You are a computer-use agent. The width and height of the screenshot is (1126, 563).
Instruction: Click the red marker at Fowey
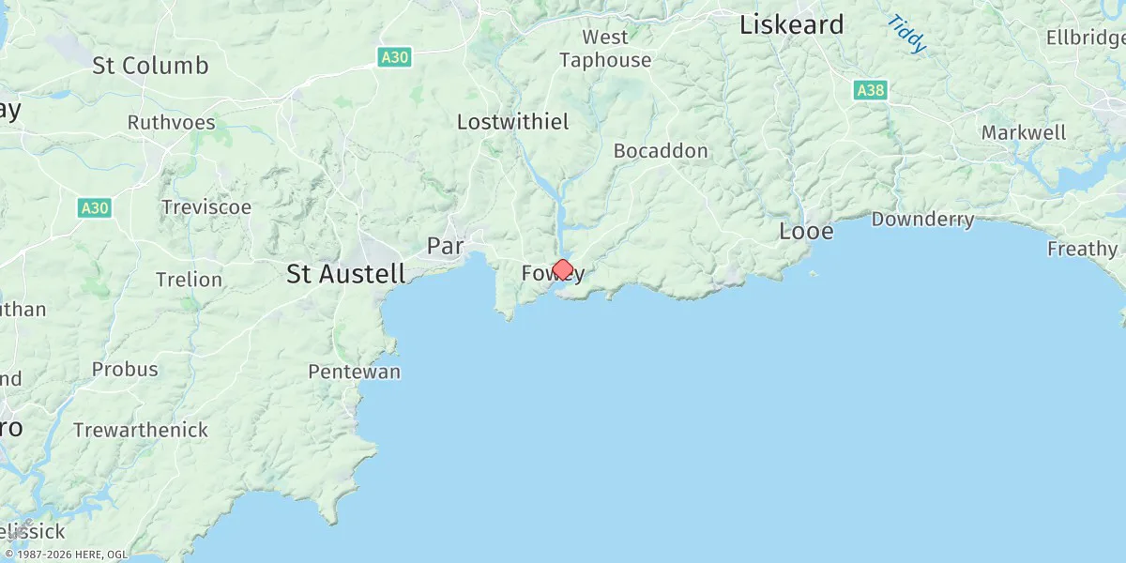pyautogui.click(x=562, y=270)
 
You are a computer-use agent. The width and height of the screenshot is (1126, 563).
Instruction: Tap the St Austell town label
pyautogui.click(x=346, y=274)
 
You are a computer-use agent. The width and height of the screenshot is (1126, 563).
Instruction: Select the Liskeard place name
pyautogui.click(x=791, y=25)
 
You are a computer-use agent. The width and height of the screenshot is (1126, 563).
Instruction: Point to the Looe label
pyautogui.click(x=806, y=231)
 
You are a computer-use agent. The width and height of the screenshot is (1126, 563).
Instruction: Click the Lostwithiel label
pyautogui.click(x=512, y=122)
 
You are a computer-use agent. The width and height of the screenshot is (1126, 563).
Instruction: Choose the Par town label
pyautogui.click(x=446, y=246)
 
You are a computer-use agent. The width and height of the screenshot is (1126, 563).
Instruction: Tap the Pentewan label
pyautogui.click(x=354, y=372)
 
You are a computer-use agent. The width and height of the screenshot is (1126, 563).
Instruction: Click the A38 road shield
pyautogui.click(x=871, y=90)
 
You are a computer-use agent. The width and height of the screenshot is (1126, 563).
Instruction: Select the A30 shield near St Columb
pyautogui.click(x=394, y=57)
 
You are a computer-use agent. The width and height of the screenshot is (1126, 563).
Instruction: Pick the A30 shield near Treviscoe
pyautogui.click(x=95, y=207)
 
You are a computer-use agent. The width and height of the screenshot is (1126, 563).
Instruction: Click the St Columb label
pyautogui.click(x=150, y=66)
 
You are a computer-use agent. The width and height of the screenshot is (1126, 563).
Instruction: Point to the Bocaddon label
pyautogui.click(x=661, y=150)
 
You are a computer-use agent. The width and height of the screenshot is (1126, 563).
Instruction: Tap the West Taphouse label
pyautogui.click(x=605, y=49)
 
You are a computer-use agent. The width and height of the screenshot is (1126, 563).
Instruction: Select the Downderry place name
pyautogui.click(x=922, y=220)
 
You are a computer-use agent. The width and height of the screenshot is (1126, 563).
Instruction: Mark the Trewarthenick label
pyautogui.click(x=141, y=430)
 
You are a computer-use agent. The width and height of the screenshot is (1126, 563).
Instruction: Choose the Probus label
pyautogui.click(x=125, y=369)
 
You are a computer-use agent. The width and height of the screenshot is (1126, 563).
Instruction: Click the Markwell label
pyautogui.click(x=1024, y=132)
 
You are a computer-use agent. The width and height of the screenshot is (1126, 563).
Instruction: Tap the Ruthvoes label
pyautogui.click(x=171, y=123)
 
